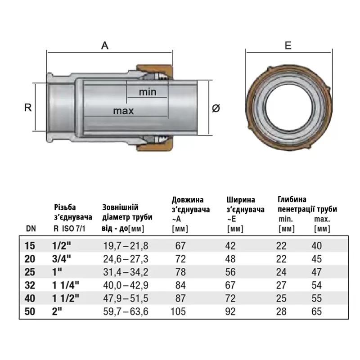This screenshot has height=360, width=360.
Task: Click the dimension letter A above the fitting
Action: coord(105,45)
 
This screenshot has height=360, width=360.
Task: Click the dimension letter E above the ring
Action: coord(288,45)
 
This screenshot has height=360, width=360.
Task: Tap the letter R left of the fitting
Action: coord(28,108)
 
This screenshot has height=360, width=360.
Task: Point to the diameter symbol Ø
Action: coord(216,108)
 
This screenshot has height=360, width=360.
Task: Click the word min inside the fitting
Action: coord(148,92)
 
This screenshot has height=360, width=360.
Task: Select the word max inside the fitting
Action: coord(123,111)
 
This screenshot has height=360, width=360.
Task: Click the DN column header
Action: coord(31,229)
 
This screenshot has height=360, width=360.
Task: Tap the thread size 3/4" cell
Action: coord(62,259)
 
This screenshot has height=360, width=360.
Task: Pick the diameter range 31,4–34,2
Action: coord(126,272)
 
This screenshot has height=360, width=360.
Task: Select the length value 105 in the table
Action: coord(178,311)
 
